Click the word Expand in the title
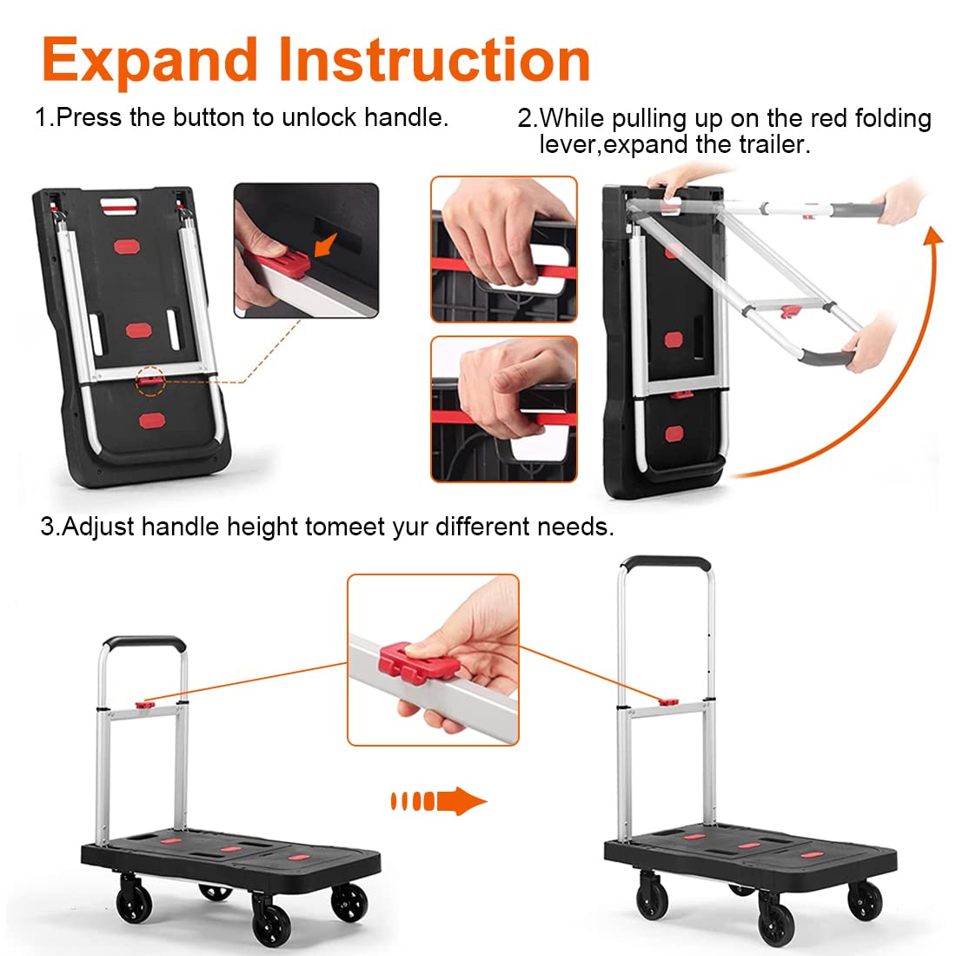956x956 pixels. point(150,61)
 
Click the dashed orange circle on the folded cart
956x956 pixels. point(150,381)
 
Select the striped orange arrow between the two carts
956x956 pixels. point(438,800)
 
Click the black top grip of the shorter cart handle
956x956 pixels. point(144,642)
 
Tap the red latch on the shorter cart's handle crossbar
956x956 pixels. point(144,705)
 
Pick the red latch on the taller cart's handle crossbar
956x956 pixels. point(668,702)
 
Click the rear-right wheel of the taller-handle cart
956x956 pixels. point(865,901)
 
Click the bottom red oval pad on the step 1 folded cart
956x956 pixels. point(152,421)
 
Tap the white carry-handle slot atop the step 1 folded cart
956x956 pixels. point(120,203)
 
